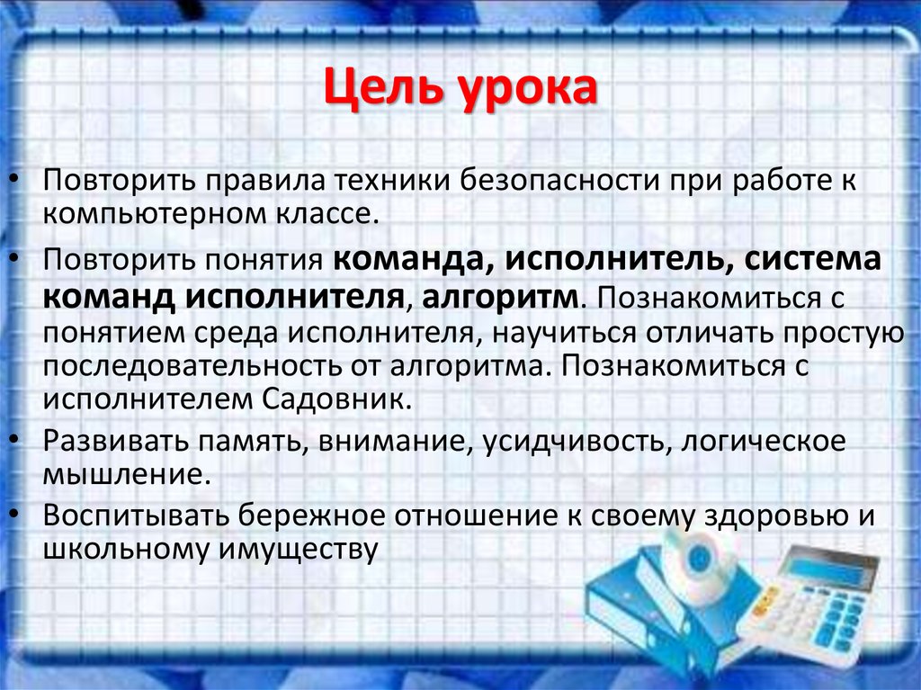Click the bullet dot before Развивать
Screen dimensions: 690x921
[19, 439]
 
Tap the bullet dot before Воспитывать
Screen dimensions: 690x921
[19, 512]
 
